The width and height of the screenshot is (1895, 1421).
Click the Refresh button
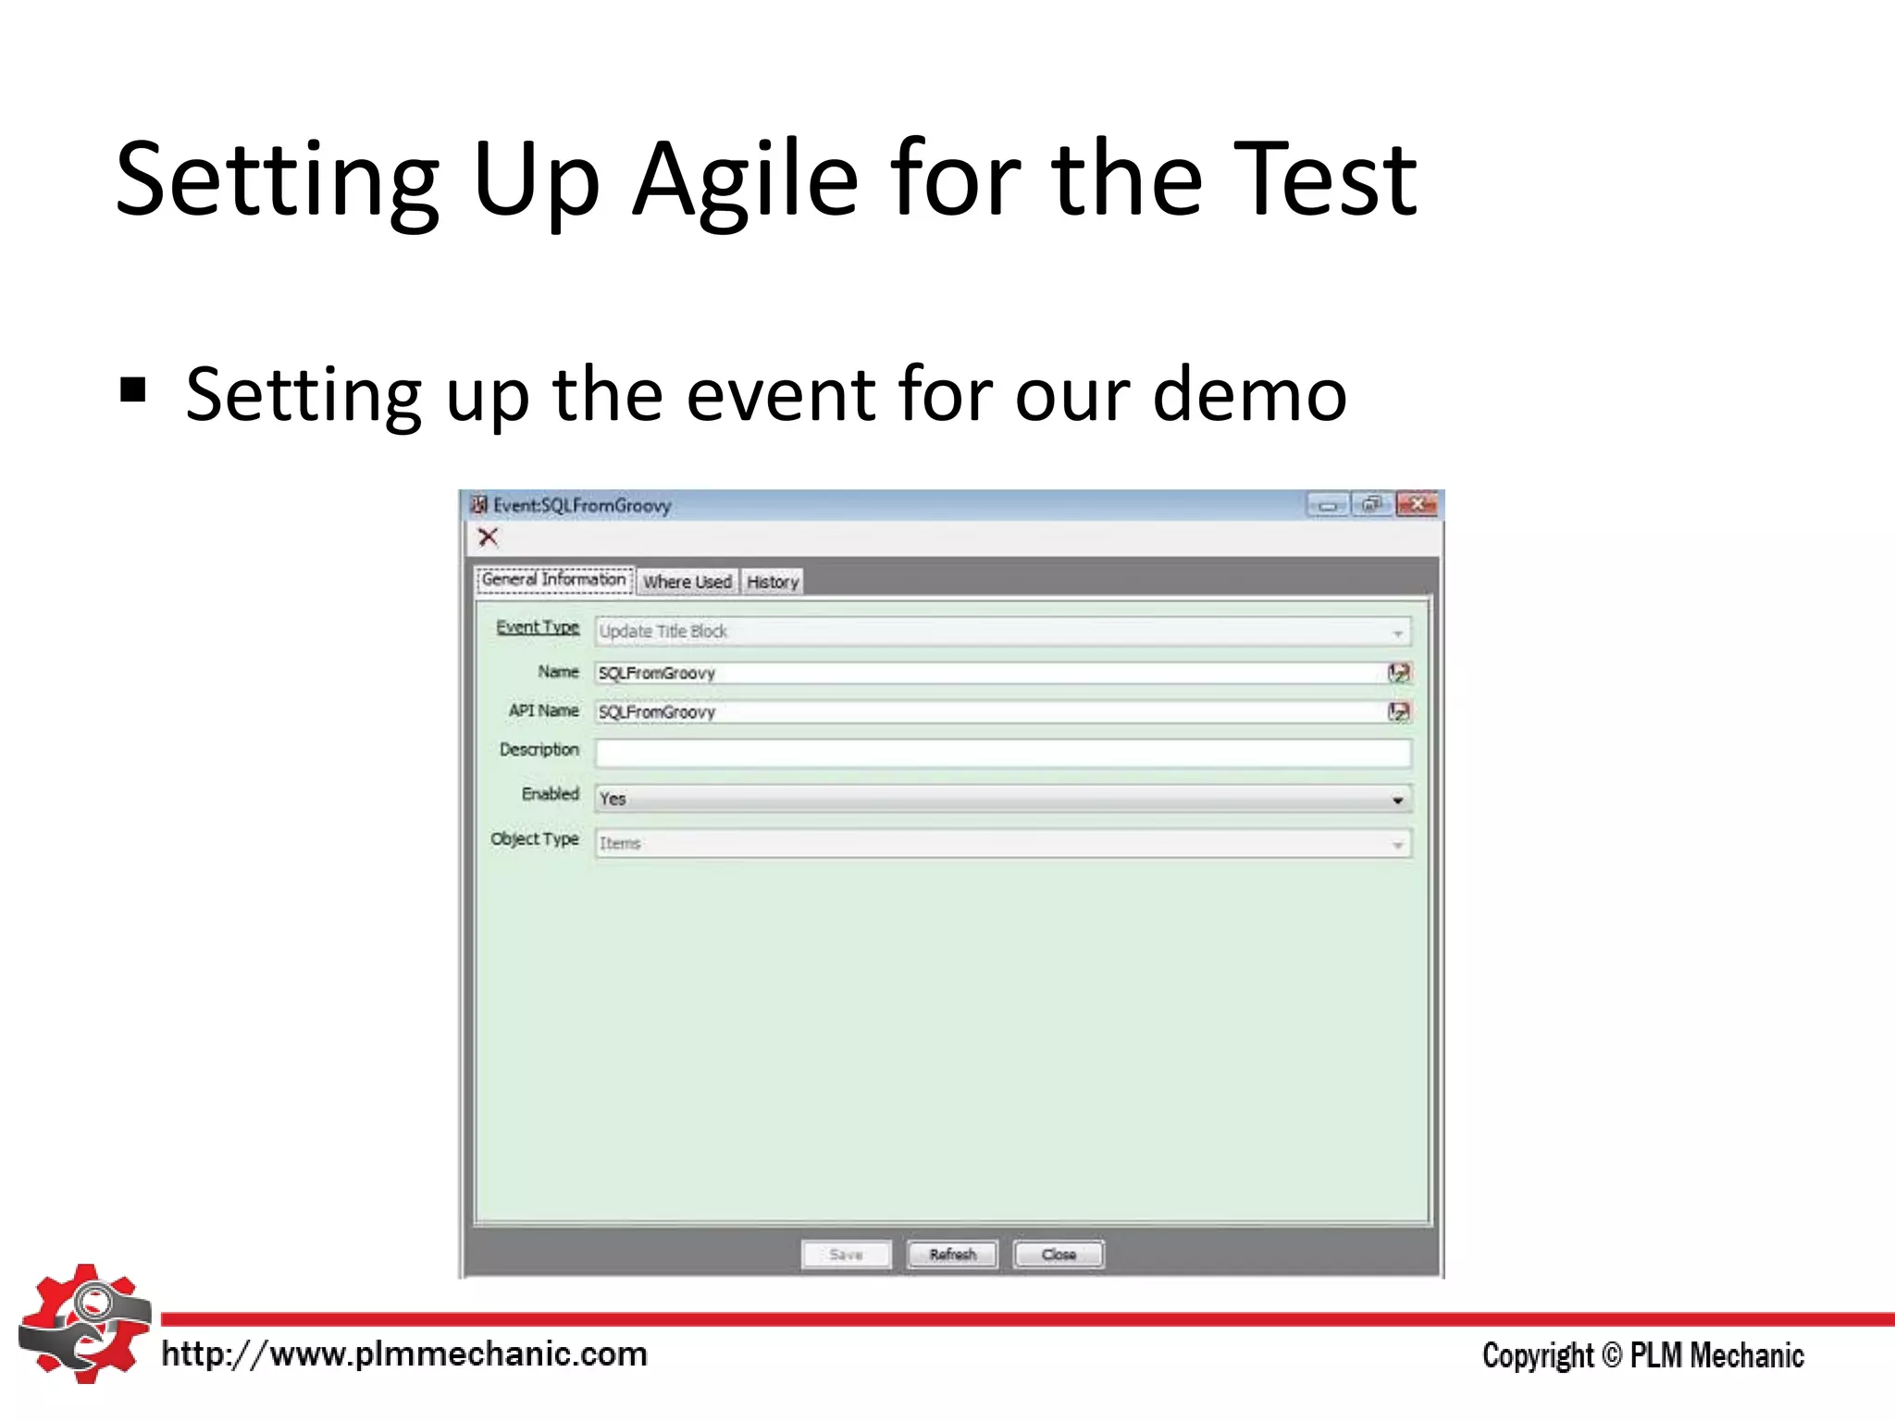[x=952, y=1254]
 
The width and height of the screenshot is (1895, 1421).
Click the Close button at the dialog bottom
[x=1059, y=1254]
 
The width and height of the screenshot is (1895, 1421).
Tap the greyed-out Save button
[x=846, y=1254]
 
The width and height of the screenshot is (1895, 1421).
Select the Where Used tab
[x=687, y=582]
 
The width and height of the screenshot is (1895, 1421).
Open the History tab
[x=773, y=582]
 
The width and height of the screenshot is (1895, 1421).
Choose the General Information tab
[x=554, y=579]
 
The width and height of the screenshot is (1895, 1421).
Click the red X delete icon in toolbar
[x=488, y=537]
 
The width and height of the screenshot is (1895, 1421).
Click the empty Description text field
[x=1003, y=753]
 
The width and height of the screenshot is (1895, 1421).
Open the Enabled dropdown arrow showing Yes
[x=1397, y=799]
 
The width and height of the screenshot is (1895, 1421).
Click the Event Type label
[x=538, y=627]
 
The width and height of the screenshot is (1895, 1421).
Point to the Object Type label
[x=535, y=839]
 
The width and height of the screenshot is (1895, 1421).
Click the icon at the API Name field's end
[x=1399, y=711]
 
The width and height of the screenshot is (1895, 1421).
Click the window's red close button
[x=1417, y=505]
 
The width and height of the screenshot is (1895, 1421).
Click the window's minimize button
[x=1328, y=505]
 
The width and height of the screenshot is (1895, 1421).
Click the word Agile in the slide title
[x=746, y=180]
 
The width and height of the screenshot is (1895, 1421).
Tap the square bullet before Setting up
[x=133, y=391]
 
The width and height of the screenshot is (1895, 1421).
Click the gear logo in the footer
[x=85, y=1324]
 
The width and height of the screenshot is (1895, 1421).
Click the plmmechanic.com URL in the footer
[x=404, y=1354]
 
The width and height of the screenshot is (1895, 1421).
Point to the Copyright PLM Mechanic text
[x=1642, y=1355]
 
